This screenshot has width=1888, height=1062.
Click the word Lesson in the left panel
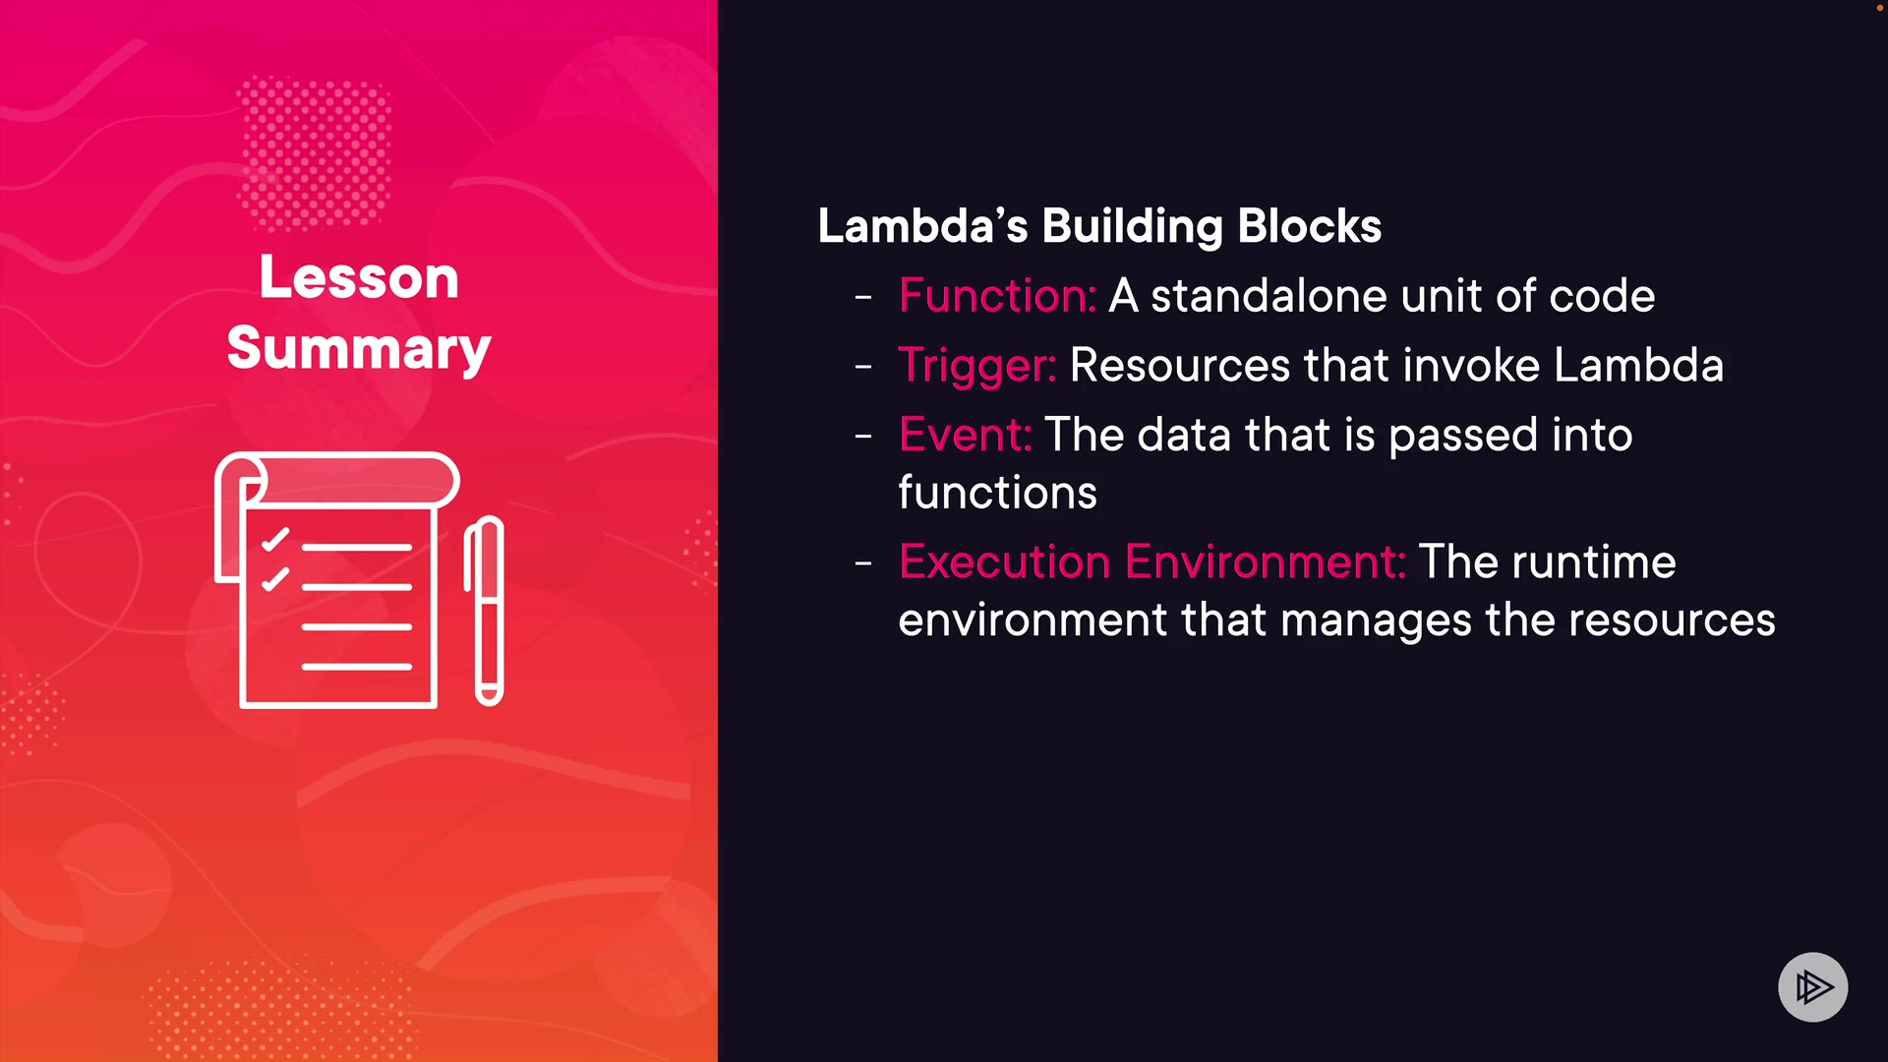pos(359,277)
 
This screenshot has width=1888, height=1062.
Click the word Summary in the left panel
pos(359,349)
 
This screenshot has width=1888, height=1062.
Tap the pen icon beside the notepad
pos(484,611)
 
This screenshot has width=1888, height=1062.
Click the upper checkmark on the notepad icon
pos(275,540)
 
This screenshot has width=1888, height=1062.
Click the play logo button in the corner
pos(1812,986)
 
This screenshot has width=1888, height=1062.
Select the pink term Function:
pos(997,295)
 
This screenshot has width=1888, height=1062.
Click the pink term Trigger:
pos(977,366)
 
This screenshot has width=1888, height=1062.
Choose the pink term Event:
pos(965,435)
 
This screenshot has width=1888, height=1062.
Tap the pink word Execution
pos(1005,561)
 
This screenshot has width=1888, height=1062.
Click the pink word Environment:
pos(1266,561)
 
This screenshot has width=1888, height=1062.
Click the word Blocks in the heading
pos(1310,226)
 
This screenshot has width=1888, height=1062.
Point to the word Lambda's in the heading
pos(922,226)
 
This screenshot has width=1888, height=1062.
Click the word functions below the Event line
pos(997,492)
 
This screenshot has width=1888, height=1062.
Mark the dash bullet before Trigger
pos(863,366)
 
